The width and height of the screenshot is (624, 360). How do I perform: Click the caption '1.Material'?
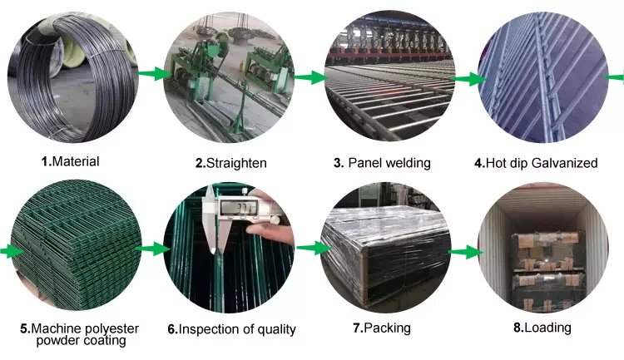[70, 161]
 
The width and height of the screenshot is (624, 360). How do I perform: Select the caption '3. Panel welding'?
[382, 163]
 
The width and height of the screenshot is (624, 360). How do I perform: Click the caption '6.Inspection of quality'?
[231, 329]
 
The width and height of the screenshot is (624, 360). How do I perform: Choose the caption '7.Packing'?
[382, 328]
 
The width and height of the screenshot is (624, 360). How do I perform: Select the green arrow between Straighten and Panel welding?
[310, 77]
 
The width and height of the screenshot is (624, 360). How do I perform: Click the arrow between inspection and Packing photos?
[310, 248]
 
